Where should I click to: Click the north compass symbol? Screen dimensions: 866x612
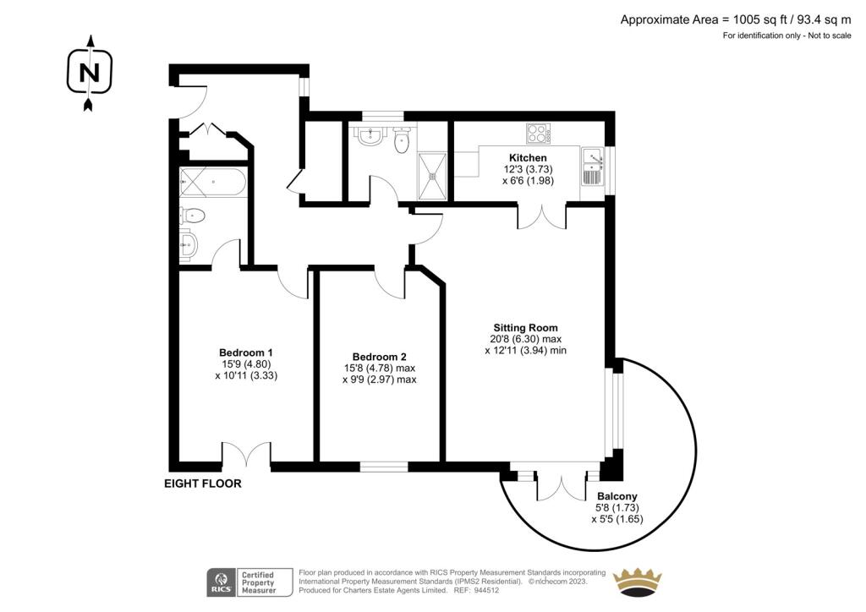pos(90,73)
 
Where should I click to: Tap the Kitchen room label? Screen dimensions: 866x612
pos(528,158)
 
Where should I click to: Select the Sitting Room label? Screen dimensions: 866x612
pos(525,328)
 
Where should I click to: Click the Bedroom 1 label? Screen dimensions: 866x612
pos(246,352)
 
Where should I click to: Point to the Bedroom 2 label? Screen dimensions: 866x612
pos(380,357)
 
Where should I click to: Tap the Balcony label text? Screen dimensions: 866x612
pos(617,497)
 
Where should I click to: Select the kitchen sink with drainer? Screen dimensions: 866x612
pos(593,167)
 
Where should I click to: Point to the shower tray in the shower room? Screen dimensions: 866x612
pos(432,176)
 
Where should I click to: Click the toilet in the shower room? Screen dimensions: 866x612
pos(402,140)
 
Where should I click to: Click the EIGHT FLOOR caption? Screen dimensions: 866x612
pos(203,484)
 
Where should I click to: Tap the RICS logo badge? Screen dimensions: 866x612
pos(249,582)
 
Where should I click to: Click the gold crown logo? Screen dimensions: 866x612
pos(638,582)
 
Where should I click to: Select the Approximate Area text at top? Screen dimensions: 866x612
pos(736,20)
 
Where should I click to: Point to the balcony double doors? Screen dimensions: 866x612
pos(562,486)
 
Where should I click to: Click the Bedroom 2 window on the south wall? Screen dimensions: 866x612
pos(384,467)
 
